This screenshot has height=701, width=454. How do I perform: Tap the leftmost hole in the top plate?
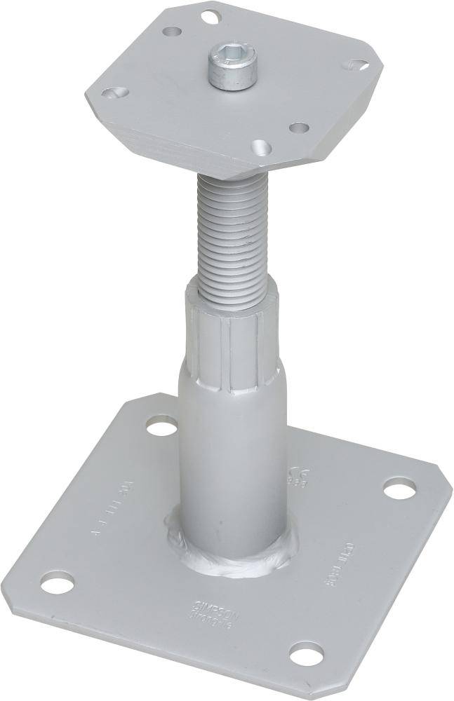(x=114, y=93)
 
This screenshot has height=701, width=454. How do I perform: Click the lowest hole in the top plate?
(x=262, y=147)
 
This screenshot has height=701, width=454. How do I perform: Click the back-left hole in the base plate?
(x=161, y=425)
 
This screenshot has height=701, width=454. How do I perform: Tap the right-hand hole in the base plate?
(x=399, y=488)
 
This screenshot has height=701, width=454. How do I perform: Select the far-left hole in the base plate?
(x=57, y=581)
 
